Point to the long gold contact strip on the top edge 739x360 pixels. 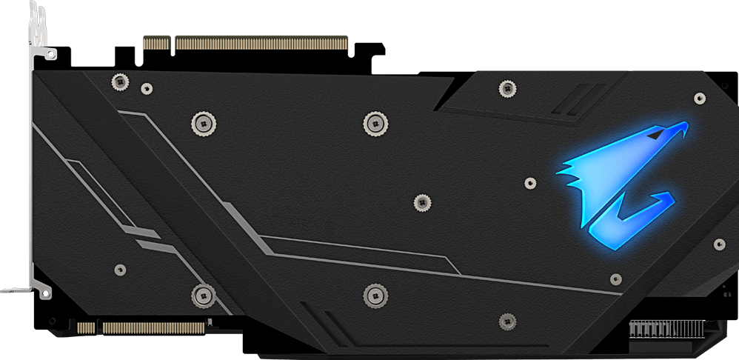tap(261, 43)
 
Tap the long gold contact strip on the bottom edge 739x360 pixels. tap(152, 327)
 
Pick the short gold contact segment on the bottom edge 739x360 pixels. tap(86, 327)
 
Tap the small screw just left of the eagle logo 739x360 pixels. tap(529, 182)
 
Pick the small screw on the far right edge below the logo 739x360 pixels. tap(719, 244)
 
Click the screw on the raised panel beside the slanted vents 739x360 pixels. tap(507, 88)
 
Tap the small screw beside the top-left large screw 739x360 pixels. tap(147, 88)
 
